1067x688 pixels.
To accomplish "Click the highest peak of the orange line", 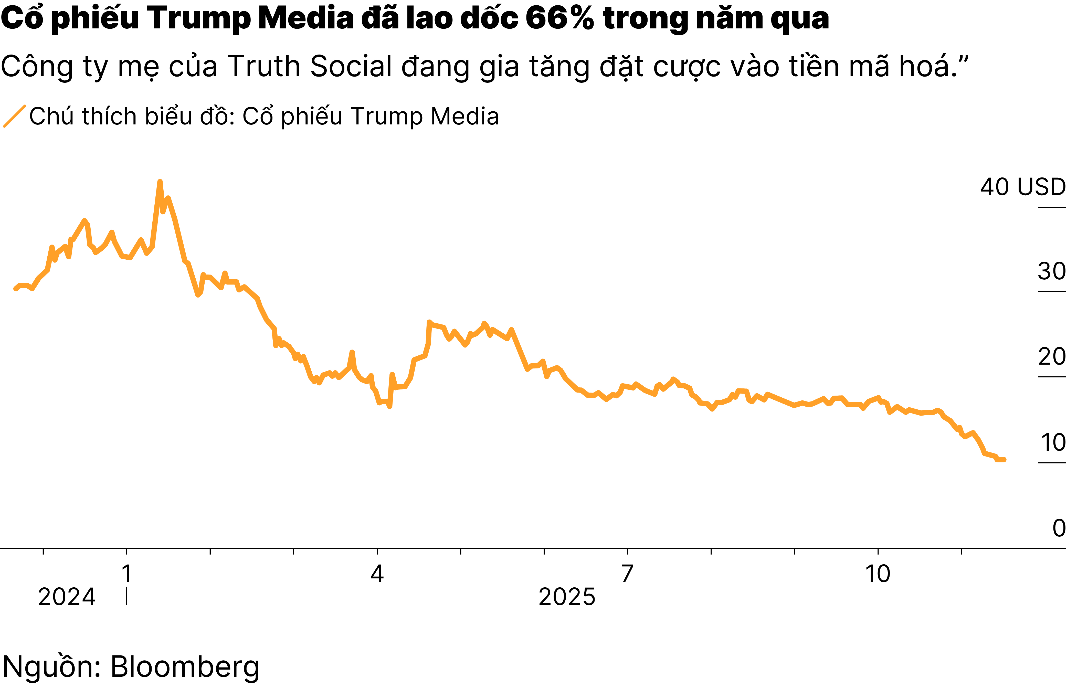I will tap(160, 182).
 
